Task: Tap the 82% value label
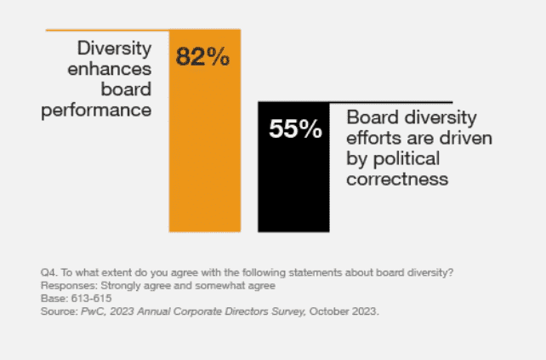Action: [202, 57]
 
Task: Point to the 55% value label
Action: [295, 129]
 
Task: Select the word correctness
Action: [397, 180]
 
